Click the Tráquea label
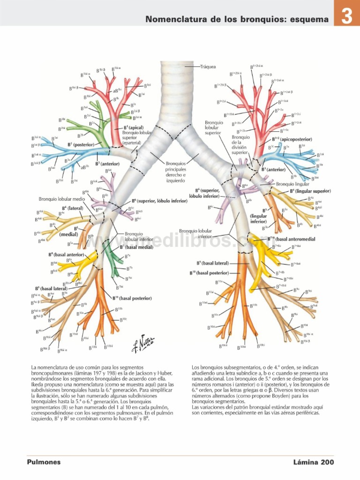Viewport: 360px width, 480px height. (x=208, y=67)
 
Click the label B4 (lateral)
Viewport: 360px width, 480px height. (x=73, y=208)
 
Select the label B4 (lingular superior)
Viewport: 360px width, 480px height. (x=310, y=191)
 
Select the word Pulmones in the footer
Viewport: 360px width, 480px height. (x=44, y=462)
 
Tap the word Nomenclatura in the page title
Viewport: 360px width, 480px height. (x=173, y=19)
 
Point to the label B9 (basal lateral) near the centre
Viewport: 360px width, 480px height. (x=212, y=263)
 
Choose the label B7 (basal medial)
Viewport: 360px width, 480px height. (x=136, y=247)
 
